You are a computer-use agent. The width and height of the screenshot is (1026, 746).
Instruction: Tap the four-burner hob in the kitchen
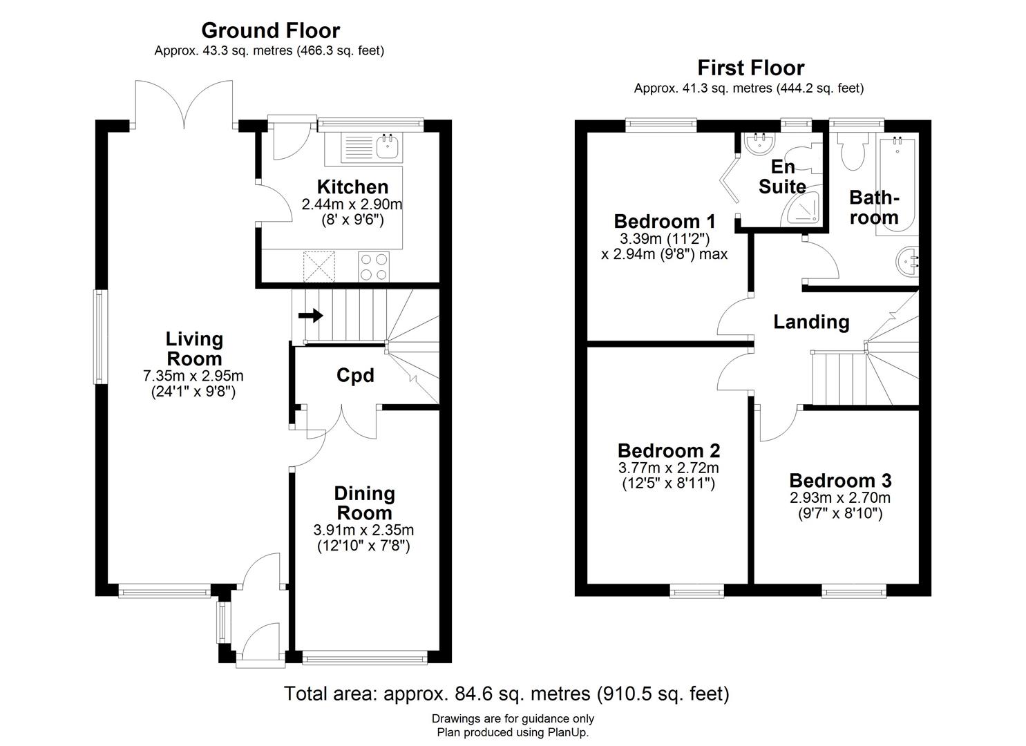coord(374,266)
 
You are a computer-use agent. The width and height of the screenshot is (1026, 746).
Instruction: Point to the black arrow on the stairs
coord(311,316)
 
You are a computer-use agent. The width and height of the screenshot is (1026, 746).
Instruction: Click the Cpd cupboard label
coord(355,375)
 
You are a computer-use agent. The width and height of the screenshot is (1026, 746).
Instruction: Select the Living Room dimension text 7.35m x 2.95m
coord(193,376)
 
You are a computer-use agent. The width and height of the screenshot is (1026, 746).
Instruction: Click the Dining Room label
coord(364,503)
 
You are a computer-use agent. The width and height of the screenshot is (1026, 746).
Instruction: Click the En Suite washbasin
coord(761,144)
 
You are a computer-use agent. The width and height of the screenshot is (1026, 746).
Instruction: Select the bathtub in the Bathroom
coord(897,185)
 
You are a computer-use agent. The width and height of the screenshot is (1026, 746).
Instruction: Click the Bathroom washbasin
coord(909,260)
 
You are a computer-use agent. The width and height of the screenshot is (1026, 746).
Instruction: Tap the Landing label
coord(811,322)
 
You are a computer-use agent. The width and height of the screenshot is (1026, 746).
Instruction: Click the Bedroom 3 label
coord(840,481)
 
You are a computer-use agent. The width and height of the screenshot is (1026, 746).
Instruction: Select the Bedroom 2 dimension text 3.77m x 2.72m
coord(668,468)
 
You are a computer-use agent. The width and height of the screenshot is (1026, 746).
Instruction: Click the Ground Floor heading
coord(270,30)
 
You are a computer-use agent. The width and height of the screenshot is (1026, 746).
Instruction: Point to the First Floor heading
coord(750,68)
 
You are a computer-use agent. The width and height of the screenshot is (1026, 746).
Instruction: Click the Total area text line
coord(506,693)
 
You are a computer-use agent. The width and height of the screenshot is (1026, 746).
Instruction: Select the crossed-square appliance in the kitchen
coord(319,266)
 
